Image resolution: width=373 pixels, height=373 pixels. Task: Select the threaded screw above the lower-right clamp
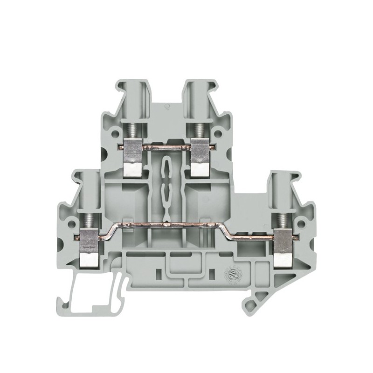coord(283,216)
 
